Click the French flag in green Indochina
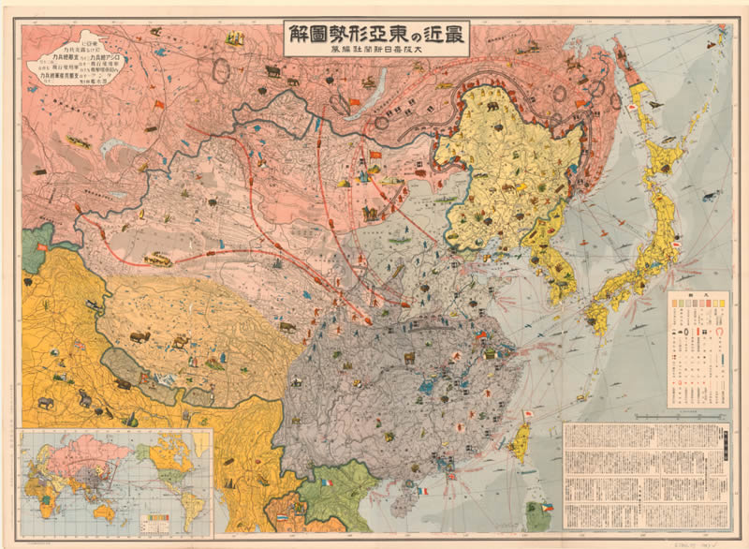click(326, 482)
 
